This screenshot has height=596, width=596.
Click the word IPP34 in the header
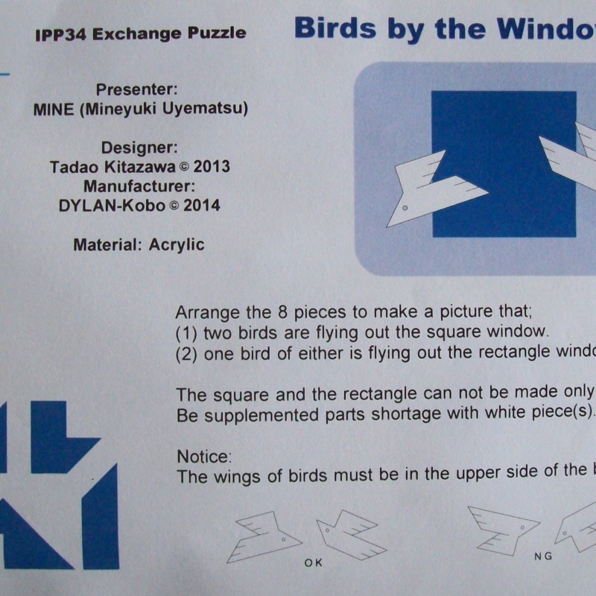[x=57, y=34]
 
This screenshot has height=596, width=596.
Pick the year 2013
[x=209, y=167]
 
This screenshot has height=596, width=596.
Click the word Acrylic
[x=177, y=244]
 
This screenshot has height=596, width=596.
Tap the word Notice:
[x=205, y=455]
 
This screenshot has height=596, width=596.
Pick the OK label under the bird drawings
[x=314, y=562]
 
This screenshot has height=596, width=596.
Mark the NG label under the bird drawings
[x=543, y=557]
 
